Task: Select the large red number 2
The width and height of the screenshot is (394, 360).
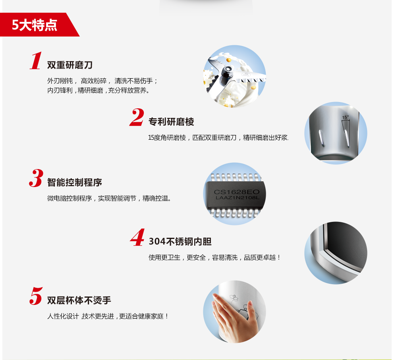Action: [x=137, y=117]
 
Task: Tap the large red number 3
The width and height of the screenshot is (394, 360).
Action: [x=36, y=178]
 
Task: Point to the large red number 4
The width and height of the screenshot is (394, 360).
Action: [x=137, y=237]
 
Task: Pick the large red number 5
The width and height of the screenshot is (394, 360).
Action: [x=36, y=296]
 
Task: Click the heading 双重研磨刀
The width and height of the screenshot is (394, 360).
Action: [x=70, y=65]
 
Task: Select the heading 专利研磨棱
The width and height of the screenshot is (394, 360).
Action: [x=171, y=122]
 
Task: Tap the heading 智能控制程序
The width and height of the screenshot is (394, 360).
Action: [x=75, y=183]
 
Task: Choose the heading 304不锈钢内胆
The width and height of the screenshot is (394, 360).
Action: [x=180, y=241]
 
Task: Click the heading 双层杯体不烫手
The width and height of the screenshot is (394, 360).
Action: [x=79, y=300]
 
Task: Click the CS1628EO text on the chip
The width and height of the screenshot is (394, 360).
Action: [x=236, y=192]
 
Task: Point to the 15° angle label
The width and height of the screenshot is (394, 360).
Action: [x=346, y=117]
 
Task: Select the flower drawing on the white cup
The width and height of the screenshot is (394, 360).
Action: [x=234, y=298]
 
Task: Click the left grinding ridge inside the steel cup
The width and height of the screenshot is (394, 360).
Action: [x=321, y=139]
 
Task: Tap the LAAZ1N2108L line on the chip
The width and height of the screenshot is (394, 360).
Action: [x=237, y=198]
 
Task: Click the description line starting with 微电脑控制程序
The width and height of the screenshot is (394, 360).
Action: [x=109, y=198]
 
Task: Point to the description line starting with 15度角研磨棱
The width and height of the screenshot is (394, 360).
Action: [x=218, y=138]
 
